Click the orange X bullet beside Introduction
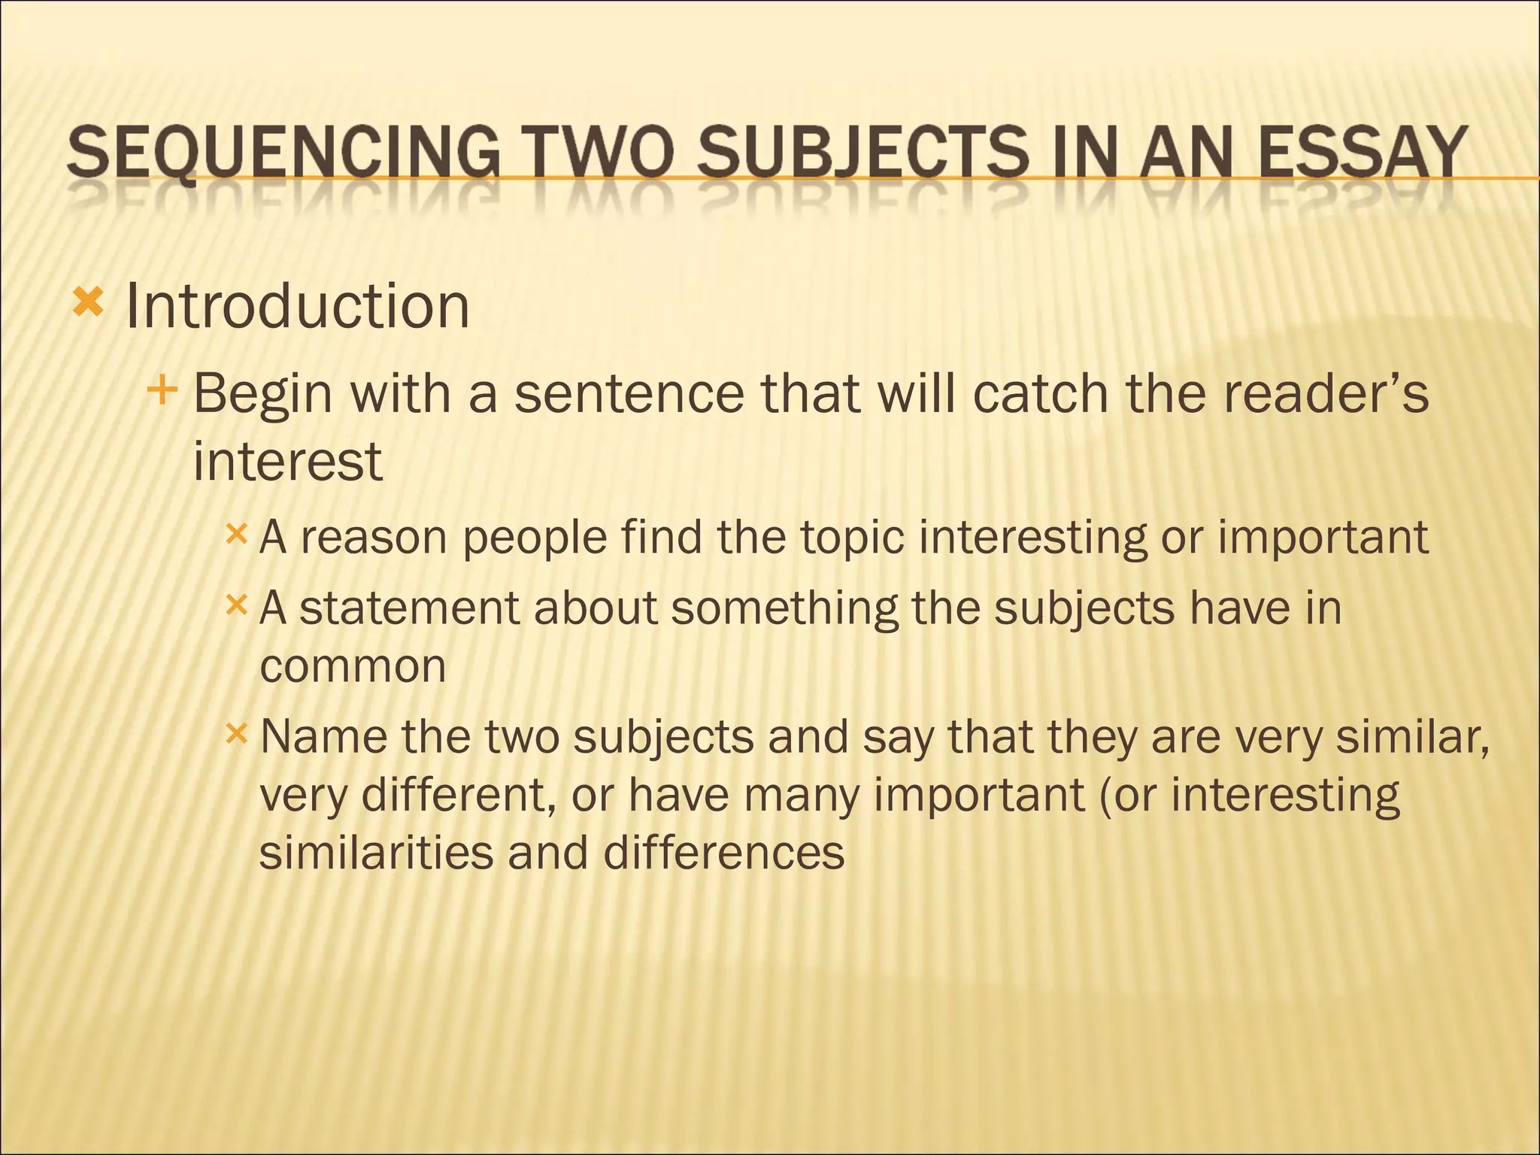(87, 304)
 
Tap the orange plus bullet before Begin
(162, 390)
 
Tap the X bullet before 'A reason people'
(236, 535)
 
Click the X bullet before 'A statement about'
(236, 605)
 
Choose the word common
(353, 666)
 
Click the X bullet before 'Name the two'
(236, 733)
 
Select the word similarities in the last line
(375, 853)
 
